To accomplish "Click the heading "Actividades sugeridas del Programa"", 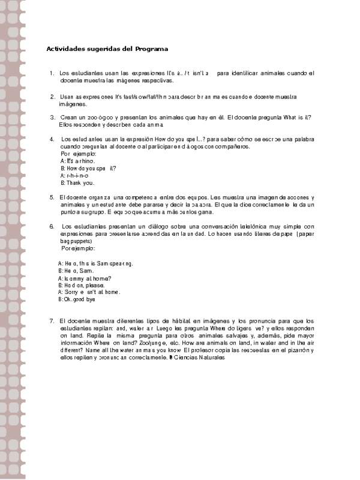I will [107, 49].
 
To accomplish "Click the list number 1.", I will [52, 73].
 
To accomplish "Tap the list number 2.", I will [52, 96].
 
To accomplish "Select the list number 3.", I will [52, 118].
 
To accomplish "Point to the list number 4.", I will [52, 139].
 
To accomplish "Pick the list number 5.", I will [52, 197].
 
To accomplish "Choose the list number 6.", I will [52, 226].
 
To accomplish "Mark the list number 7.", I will [52, 322].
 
